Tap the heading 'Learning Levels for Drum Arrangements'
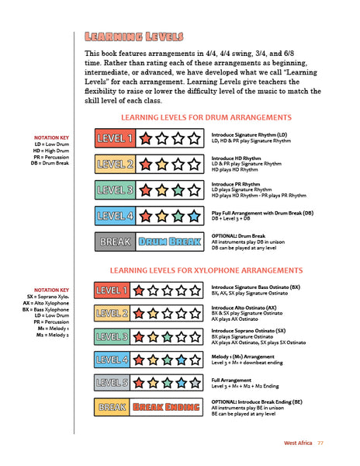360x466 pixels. [206, 117]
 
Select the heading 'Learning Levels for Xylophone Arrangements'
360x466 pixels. [206, 270]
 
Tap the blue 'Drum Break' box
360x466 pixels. [170, 242]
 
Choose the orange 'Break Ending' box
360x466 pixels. [170, 406]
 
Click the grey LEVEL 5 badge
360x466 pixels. [112, 382]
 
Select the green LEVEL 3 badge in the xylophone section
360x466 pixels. [112, 336]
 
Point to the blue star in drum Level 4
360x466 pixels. [198, 216]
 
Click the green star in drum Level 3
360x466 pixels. [180, 190]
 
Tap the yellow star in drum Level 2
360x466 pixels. [163, 164]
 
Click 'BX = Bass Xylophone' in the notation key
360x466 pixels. [47, 309]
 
